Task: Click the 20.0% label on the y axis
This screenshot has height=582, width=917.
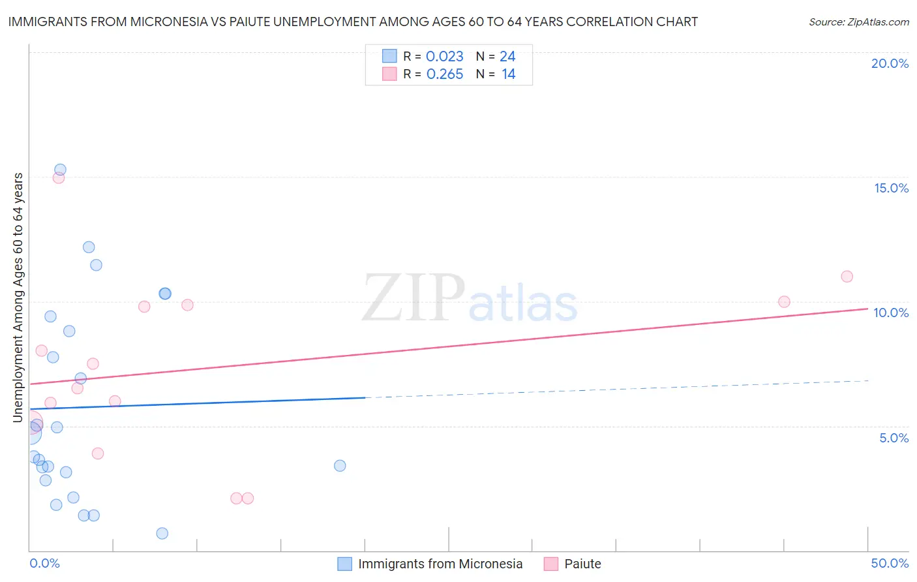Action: coord(890,63)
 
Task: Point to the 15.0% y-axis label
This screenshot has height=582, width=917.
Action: coord(891,188)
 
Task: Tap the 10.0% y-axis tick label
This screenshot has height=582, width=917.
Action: coord(891,313)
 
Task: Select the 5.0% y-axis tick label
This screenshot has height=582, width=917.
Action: coord(894,438)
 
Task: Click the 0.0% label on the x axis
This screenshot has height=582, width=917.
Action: coord(44,563)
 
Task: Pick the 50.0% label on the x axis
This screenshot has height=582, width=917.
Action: coord(890,563)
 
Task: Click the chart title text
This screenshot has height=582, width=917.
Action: coord(353,22)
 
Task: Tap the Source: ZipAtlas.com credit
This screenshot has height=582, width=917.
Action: coord(858,22)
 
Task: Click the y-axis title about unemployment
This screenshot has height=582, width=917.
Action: coord(18,297)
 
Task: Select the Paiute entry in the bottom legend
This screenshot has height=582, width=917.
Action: coord(582,564)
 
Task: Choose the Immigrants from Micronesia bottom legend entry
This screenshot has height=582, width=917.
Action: coord(440,564)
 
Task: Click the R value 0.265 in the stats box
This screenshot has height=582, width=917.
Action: coord(445,74)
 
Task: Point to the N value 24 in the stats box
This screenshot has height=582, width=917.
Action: coord(507,56)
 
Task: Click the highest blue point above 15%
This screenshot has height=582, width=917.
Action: coord(60,170)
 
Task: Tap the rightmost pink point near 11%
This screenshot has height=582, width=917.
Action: coord(847,276)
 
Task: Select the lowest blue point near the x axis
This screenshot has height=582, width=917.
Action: coord(162,533)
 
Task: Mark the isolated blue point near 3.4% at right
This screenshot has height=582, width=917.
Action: coord(340,465)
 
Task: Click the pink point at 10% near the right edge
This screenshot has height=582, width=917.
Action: coord(784,301)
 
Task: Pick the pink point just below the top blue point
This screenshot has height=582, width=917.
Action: coord(59,177)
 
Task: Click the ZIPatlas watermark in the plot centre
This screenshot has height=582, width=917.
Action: coord(470,298)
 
